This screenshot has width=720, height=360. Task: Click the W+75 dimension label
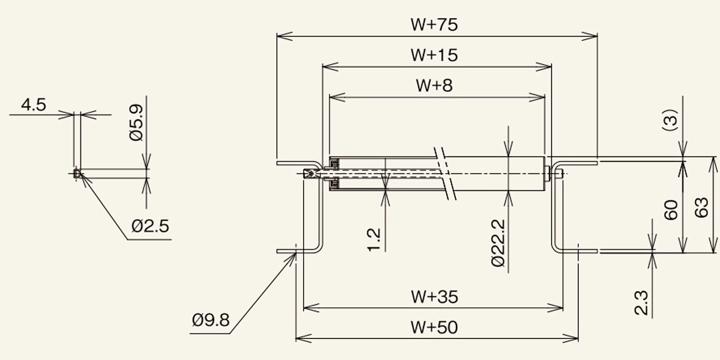pyautogui.click(x=434, y=25)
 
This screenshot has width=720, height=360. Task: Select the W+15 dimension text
pyautogui.click(x=434, y=55)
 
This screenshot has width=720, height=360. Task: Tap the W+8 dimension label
pyautogui.click(x=434, y=85)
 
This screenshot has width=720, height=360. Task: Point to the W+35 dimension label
pyautogui.click(x=434, y=296)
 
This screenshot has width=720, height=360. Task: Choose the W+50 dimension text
pyautogui.click(x=434, y=327)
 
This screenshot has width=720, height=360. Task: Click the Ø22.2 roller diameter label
pyautogui.click(x=499, y=243)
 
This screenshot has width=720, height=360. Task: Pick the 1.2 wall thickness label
pyautogui.click(x=373, y=240)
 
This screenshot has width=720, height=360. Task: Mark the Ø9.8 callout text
pyautogui.click(x=211, y=320)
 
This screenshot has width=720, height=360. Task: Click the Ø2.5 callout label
pyautogui.click(x=150, y=226)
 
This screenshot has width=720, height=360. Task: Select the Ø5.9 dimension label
pyautogui.click(x=136, y=122)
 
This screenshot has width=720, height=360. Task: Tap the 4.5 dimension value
pyautogui.click(x=34, y=105)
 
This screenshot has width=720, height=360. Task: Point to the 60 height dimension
pyautogui.click(x=671, y=210)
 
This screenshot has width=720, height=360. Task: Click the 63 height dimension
pyautogui.click(x=701, y=208)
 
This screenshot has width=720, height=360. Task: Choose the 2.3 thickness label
pyautogui.click(x=641, y=302)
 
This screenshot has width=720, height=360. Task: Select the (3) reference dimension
pyautogui.click(x=671, y=120)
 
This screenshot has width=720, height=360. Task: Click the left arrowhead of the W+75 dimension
pyautogui.click(x=284, y=37)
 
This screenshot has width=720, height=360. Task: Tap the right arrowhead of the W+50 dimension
pyautogui.click(x=571, y=338)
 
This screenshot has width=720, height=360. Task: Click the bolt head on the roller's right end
pyautogui.click(x=547, y=173)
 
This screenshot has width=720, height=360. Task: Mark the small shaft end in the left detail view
pyautogui.click(x=77, y=173)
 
